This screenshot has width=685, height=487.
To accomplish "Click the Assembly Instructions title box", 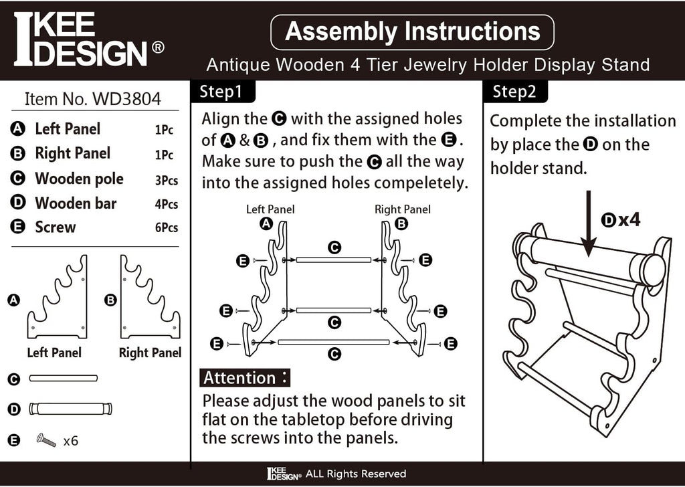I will (412, 32).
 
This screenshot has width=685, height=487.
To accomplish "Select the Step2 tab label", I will (514, 92).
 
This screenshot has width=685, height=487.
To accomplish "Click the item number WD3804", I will (92, 99).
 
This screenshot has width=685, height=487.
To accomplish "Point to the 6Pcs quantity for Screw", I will (167, 227).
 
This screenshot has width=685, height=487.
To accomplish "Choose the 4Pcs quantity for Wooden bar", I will (167, 204).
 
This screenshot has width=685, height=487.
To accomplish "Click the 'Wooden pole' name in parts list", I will (79, 179).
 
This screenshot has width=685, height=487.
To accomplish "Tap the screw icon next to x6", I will (46, 440).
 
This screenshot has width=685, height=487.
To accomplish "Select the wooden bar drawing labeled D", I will (70, 409).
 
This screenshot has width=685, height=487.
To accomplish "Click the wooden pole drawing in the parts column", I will (64, 378).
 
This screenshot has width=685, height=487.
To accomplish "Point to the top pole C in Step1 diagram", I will (333, 260).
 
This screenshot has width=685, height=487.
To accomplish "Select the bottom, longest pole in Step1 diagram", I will (333, 342).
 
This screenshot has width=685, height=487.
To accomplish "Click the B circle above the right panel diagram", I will (401, 223).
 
